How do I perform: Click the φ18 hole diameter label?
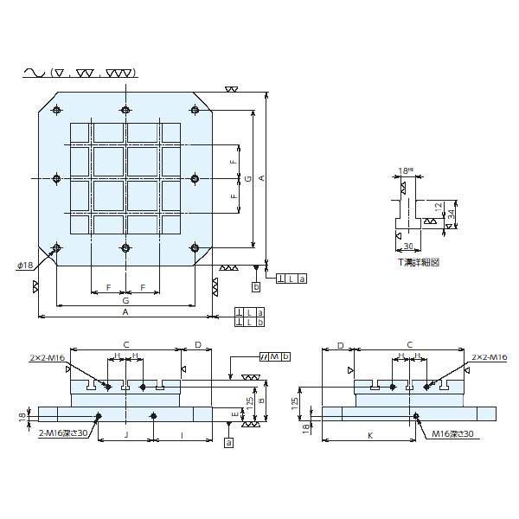[x=25, y=265]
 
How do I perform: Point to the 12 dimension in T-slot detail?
[x=439, y=208]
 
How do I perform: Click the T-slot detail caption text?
[x=418, y=262]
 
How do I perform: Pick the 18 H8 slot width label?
[x=405, y=171]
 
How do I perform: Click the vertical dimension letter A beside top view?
[x=262, y=178]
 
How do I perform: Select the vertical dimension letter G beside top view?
[x=248, y=178]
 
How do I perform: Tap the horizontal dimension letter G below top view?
[x=125, y=299]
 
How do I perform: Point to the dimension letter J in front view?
[x=126, y=435]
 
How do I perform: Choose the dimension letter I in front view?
[x=182, y=435]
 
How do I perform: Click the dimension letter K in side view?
[x=370, y=435]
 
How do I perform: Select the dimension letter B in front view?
[x=261, y=400]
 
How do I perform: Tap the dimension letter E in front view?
[x=236, y=415]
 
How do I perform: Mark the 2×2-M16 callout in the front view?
[x=48, y=356]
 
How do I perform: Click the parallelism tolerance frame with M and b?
[x=275, y=356]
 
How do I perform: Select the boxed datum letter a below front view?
[x=228, y=442]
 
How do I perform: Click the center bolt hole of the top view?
[x=125, y=178]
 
